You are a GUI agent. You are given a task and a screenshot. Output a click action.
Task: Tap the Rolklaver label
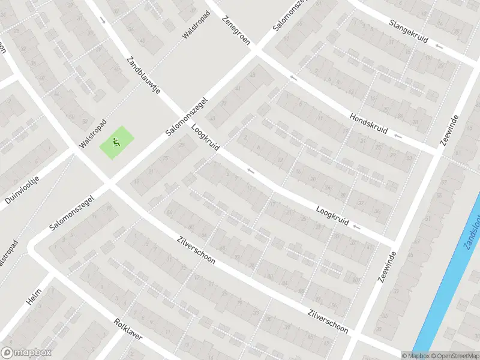click(x=128, y=329)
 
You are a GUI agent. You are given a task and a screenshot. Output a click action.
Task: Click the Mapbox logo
click(x=26, y=353)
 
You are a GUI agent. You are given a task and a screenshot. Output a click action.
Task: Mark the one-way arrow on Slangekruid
click(x=439, y=46)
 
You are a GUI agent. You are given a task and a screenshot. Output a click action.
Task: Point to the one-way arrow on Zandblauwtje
click(x=103, y=20)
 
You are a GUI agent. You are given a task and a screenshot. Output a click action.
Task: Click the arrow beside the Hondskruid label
click(x=398, y=136)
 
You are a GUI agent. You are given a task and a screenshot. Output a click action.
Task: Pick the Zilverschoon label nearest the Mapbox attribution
click(x=328, y=321)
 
